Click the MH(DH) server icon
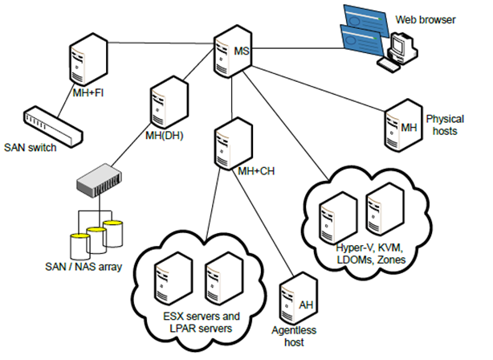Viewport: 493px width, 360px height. coord(164,104)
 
